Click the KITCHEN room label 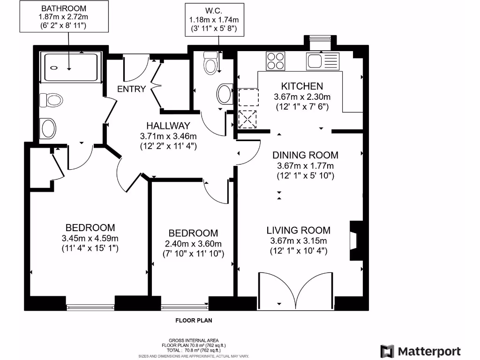302,86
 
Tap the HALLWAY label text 168,126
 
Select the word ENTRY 131,89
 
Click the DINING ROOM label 305,155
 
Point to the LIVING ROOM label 299,230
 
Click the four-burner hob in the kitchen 276,61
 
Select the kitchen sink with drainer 322,61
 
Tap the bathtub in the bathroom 71,67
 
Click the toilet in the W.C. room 210,63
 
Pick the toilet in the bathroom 51,100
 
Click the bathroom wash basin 48,128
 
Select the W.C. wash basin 225,94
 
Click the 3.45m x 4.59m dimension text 90,238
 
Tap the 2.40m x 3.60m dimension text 193,244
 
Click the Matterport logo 420,351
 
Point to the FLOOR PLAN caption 194,321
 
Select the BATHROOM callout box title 64,8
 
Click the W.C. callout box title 214,11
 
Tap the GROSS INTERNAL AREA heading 194,340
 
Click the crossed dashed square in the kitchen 247,119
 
